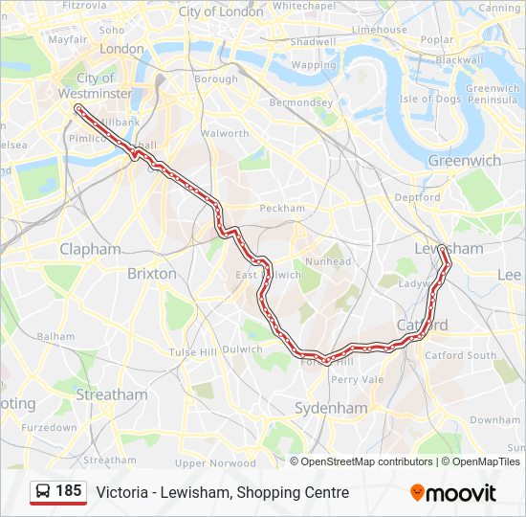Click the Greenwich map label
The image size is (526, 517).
[464, 161]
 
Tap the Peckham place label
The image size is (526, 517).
[282, 208]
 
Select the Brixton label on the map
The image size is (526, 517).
[152, 273]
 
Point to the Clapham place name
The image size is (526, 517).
[91, 249]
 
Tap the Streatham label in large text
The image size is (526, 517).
[112, 394]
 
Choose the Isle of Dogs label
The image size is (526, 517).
[430, 99]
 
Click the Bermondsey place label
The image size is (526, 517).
[300, 102]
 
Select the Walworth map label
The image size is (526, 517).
[225, 133]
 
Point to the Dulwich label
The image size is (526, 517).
[244, 349]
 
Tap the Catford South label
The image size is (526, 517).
[461, 355]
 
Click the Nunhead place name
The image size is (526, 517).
[328, 261]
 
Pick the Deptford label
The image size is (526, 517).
[417, 197]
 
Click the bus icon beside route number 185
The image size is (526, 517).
[43, 492]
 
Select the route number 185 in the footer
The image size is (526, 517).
[69, 491]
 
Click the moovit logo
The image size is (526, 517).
[453, 493]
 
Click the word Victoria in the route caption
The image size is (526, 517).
[121, 492]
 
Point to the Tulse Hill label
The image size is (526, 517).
[193, 352]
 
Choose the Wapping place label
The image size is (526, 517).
[314, 65]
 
